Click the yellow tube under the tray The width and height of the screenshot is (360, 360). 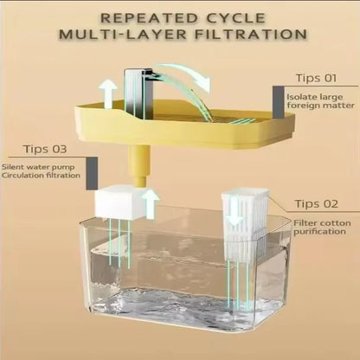pos(137,164)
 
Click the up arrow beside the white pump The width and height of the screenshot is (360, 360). pos(150,204)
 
